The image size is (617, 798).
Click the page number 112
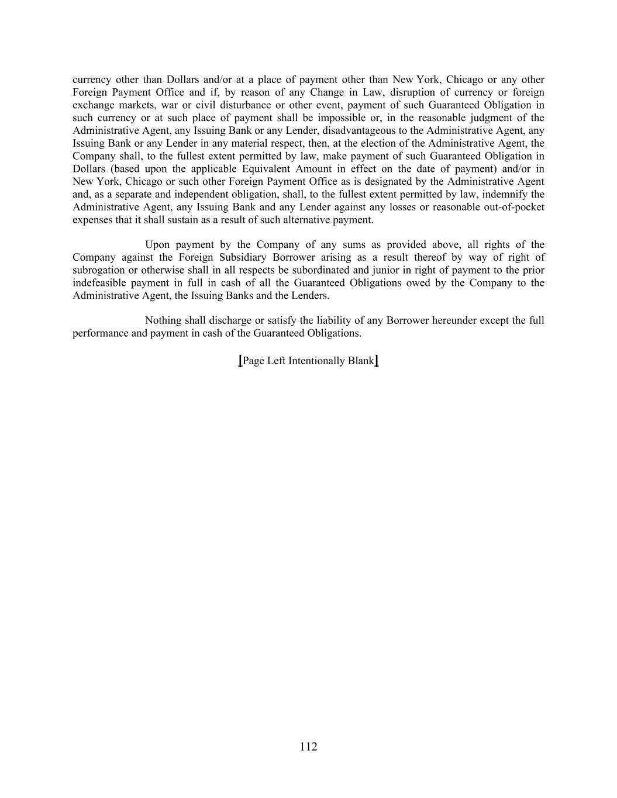pos(308,747)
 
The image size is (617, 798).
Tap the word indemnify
pos(505,194)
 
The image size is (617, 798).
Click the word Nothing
pos(163,320)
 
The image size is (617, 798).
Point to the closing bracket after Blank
pos(377,361)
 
